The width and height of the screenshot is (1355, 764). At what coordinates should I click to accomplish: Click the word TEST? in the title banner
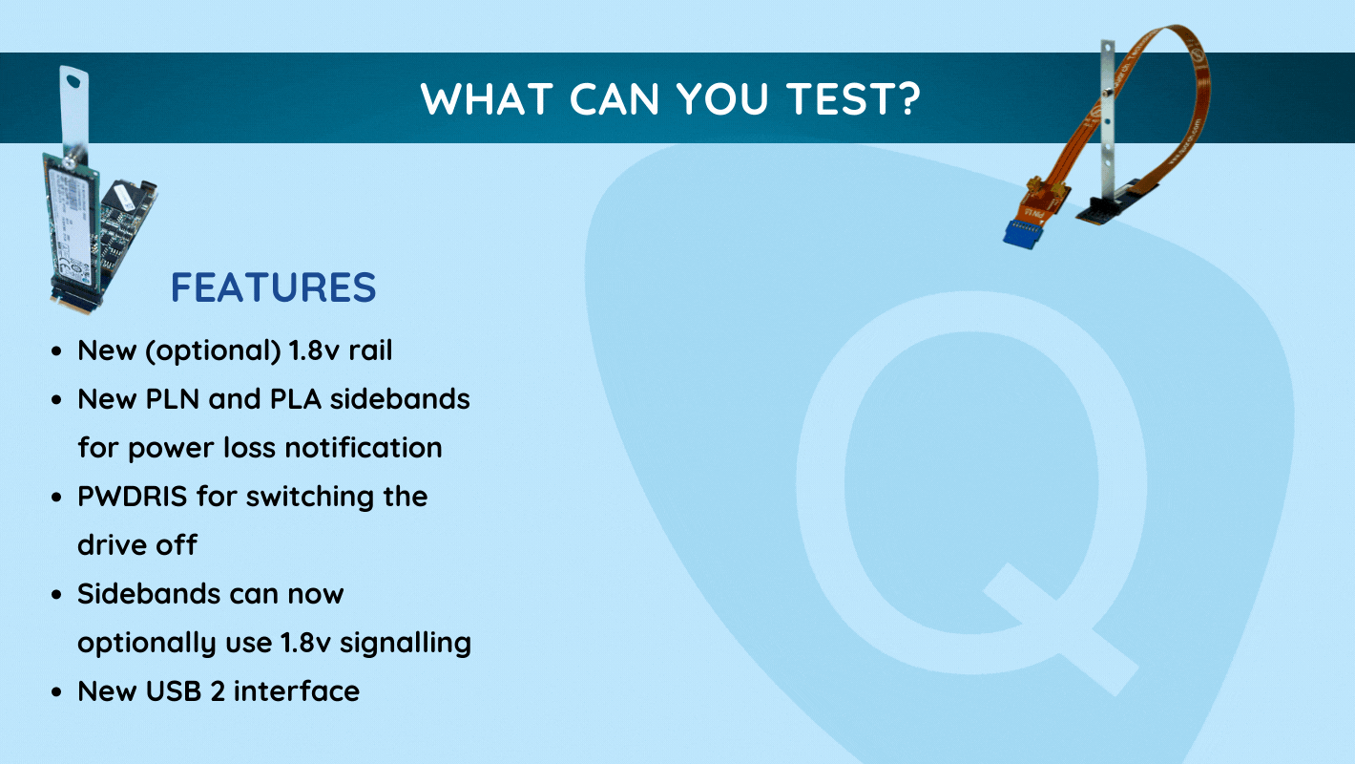coord(853,98)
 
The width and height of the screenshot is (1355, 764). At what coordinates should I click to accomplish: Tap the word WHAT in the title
coord(486,98)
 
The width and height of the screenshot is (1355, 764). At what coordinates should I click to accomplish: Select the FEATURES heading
coord(274,286)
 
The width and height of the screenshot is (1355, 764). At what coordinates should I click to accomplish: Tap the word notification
coord(364,447)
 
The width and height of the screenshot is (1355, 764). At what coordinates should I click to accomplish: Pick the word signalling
coord(406,643)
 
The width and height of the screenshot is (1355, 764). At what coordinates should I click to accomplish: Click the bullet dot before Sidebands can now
coord(57,595)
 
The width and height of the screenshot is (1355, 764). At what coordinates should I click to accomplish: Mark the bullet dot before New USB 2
coord(57,692)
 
